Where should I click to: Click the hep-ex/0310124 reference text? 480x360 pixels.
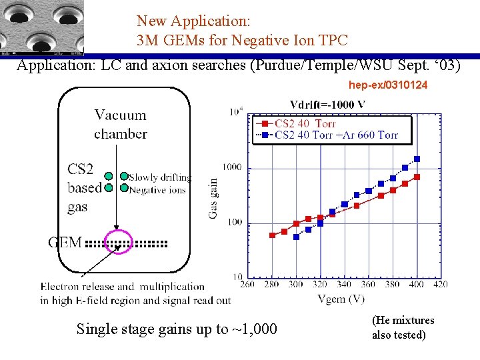pos(387,85)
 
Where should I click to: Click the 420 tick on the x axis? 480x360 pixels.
pos(439,285)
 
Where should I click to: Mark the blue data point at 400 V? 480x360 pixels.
pos(417,159)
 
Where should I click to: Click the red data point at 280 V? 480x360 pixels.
pos(272,235)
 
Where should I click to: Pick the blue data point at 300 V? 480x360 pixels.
pos(297,237)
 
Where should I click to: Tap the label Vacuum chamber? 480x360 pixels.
pos(120,125)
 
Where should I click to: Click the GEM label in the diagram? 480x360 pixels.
pos(65,242)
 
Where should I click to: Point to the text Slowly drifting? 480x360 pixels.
pos(160,177)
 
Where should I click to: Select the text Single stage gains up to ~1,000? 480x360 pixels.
pos(177,329)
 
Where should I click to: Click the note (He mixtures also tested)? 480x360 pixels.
pos(403,327)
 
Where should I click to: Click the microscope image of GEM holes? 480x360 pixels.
pos(42,27)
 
